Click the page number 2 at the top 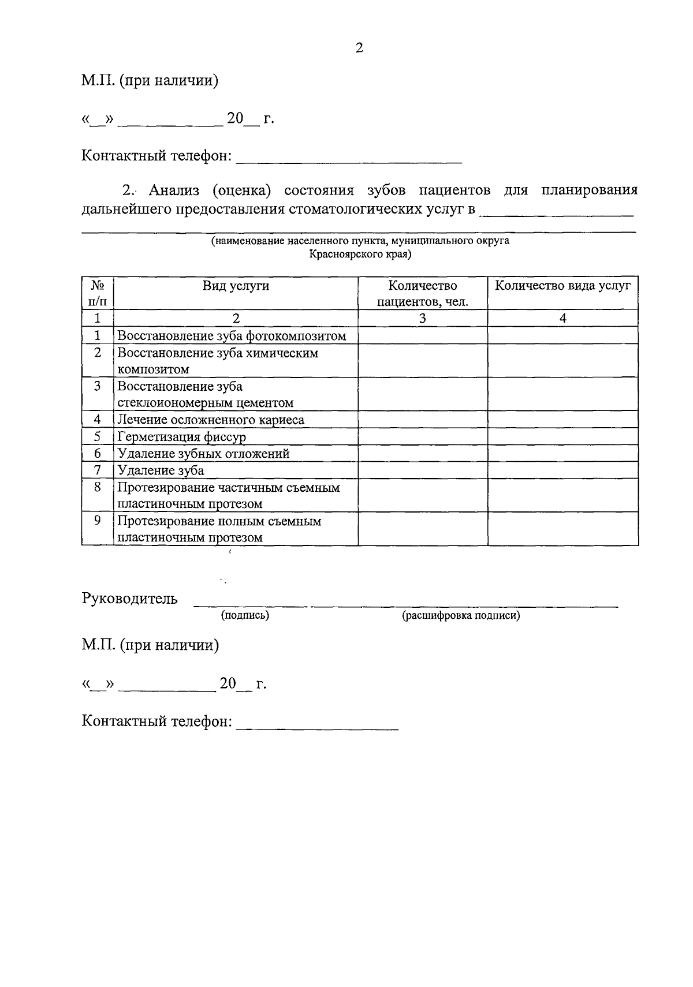pos(359,48)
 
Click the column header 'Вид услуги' pos(236,286)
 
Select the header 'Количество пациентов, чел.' pos(423,293)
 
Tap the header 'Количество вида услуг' pos(563,285)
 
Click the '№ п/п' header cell pos(97,293)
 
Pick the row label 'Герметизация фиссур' pos(182,437)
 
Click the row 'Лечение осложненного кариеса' pos(211,420)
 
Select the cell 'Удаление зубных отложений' pos(203,454)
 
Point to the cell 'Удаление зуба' pos(161,470)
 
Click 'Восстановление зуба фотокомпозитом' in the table pos(232,336)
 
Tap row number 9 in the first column pos(97,521)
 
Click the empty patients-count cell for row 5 pos(423,437)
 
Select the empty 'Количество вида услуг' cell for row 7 pos(563,470)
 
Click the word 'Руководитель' pos(130,599)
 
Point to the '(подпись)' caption pos(245,615)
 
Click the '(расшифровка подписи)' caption pos(461,615)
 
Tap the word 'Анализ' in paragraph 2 pos(174,190)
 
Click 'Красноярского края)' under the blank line pos(360,254)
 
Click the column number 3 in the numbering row pos(423,318)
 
